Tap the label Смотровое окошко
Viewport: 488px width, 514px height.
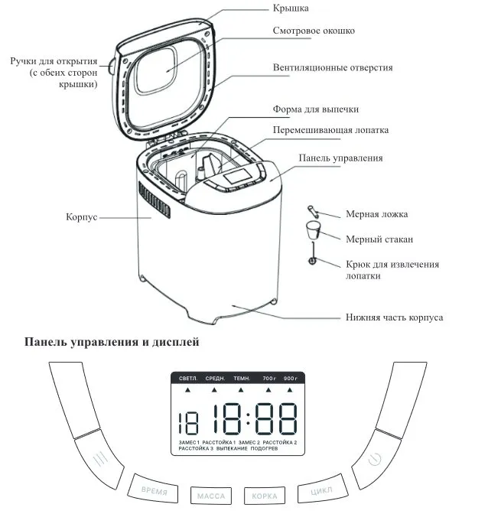[313, 32]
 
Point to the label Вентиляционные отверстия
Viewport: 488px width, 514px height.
[333, 68]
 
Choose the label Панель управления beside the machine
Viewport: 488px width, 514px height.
[340, 158]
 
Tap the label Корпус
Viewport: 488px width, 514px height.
[81, 217]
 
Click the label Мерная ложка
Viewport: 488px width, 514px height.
[377, 215]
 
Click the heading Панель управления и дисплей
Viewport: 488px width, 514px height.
[112, 343]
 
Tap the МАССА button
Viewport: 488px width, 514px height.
[210, 495]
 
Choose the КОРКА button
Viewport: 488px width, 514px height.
[265, 495]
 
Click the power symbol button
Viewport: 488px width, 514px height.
[373, 460]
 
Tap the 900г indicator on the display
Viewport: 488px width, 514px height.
[291, 378]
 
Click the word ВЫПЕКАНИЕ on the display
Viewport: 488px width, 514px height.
[226, 449]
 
